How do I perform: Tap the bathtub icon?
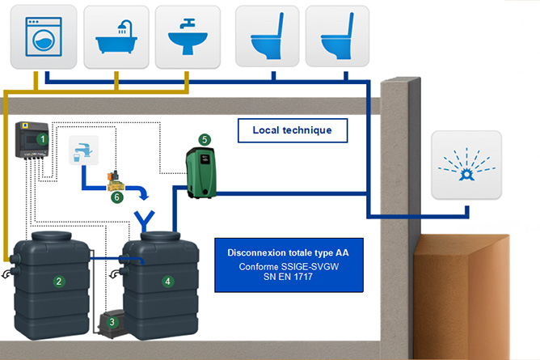116,37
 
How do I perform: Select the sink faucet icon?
187,37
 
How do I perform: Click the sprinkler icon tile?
464,165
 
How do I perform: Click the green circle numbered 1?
31,139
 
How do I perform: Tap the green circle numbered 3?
112,322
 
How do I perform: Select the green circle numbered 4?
167,282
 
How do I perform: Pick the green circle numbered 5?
205,139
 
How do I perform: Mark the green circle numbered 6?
116,196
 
